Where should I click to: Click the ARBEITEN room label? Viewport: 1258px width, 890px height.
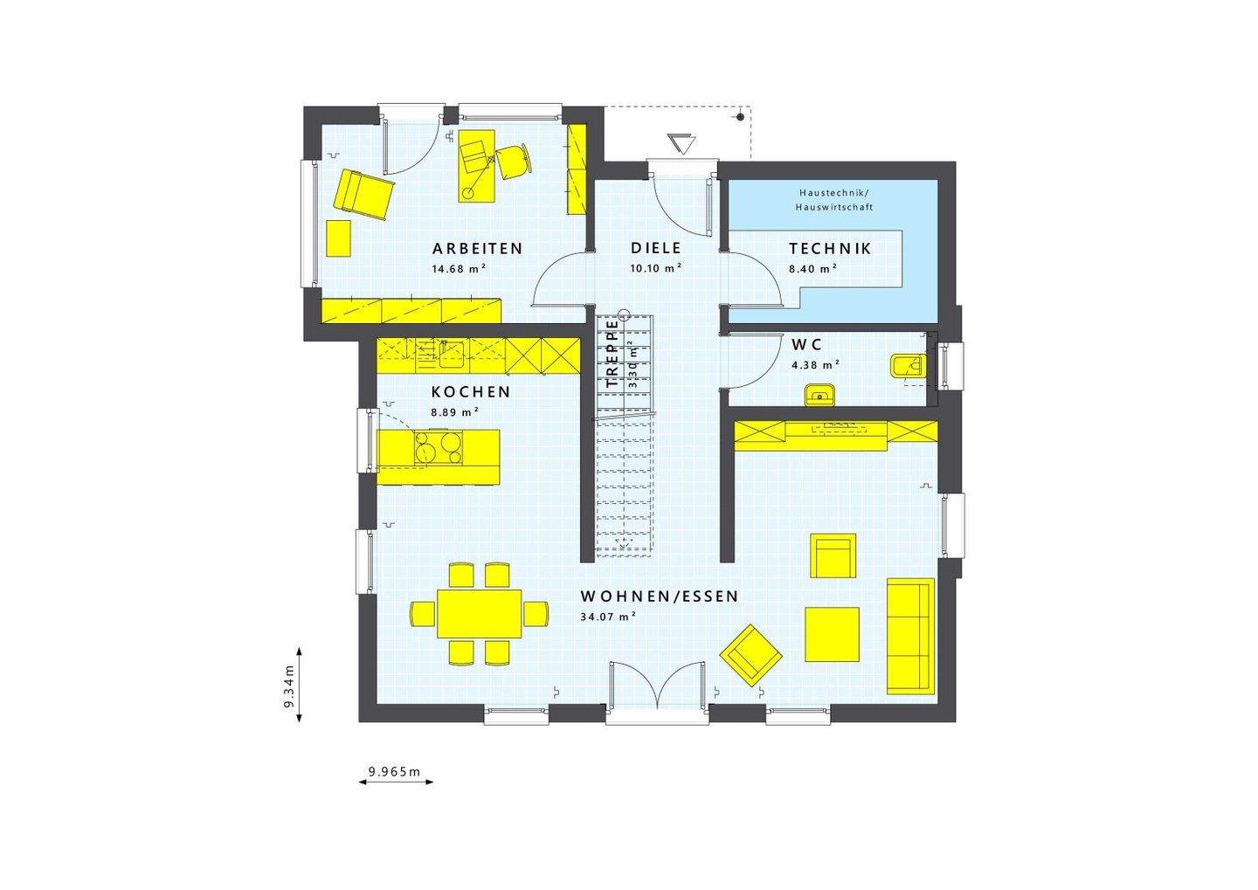point(477,248)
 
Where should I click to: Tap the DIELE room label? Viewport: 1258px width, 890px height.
point(655,248)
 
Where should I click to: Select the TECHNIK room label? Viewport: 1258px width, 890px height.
point(830,248)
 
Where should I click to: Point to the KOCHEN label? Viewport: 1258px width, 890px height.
point(471,392)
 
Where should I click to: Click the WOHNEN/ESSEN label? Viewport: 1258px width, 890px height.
point(660,597)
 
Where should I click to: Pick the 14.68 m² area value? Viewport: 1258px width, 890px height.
point(459,269)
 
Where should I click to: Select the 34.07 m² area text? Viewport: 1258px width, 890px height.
point(607,617)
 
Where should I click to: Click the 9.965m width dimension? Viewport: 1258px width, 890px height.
point(395,771)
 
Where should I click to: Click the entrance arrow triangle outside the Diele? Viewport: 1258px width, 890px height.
point(680,143)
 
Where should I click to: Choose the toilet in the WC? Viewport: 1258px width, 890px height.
point(903,367)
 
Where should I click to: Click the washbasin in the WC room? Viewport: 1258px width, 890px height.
point(819,395)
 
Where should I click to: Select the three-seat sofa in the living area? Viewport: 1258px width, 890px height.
point(910,635)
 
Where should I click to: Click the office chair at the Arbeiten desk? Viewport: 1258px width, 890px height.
point(513,160)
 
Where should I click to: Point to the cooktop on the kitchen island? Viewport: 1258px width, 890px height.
point(439,447)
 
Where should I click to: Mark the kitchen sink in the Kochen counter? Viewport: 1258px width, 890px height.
point(452,351)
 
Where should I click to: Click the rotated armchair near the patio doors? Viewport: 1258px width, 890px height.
point(750,653)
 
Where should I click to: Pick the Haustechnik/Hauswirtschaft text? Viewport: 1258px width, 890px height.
point(834,199)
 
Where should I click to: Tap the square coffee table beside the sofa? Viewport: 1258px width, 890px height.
point(832,634)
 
